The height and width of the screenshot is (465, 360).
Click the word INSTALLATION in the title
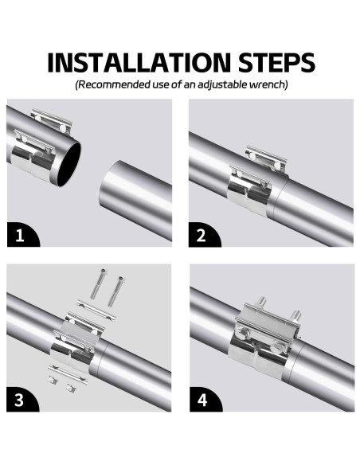pos(139,63)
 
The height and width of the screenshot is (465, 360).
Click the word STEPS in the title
pos(276,63)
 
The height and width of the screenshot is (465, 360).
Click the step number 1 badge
pos(22,234)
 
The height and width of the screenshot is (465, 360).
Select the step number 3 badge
pos(22,399)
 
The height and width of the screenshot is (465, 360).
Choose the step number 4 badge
pos(205,399)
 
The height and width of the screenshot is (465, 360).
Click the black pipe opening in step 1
pos(68,164)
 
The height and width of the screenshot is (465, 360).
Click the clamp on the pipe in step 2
pos(258,181)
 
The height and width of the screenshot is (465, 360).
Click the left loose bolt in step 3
pos(98,284)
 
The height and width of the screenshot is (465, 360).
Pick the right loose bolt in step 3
pos(115,291)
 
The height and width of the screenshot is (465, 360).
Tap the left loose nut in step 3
pos(53,380)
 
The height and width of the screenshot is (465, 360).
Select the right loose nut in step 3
pos(70,388)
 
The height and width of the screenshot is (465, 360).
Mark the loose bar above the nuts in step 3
pos(68,374)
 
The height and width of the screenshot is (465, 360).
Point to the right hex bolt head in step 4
pos(279,346)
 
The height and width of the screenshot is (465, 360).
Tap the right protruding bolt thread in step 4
pos(295,316)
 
